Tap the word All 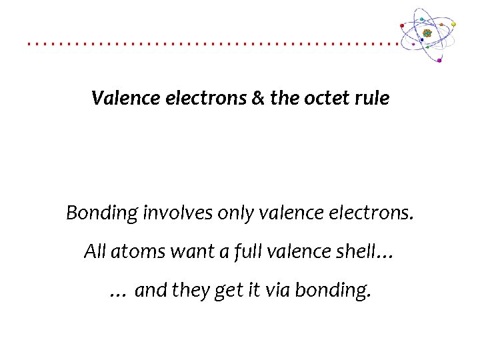click(95, 251)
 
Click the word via click(278, 291)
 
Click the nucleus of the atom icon click(427, 33)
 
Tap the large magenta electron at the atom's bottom click(439, 61)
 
